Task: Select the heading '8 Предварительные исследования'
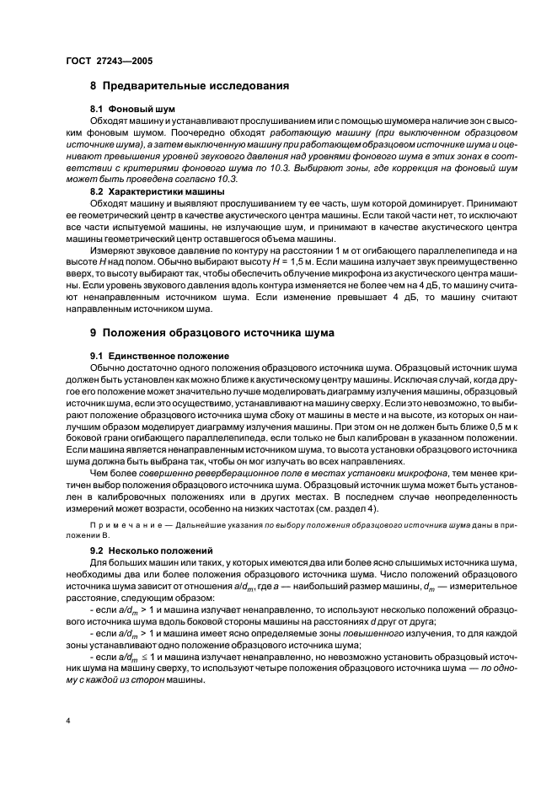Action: (x=190, y=86)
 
